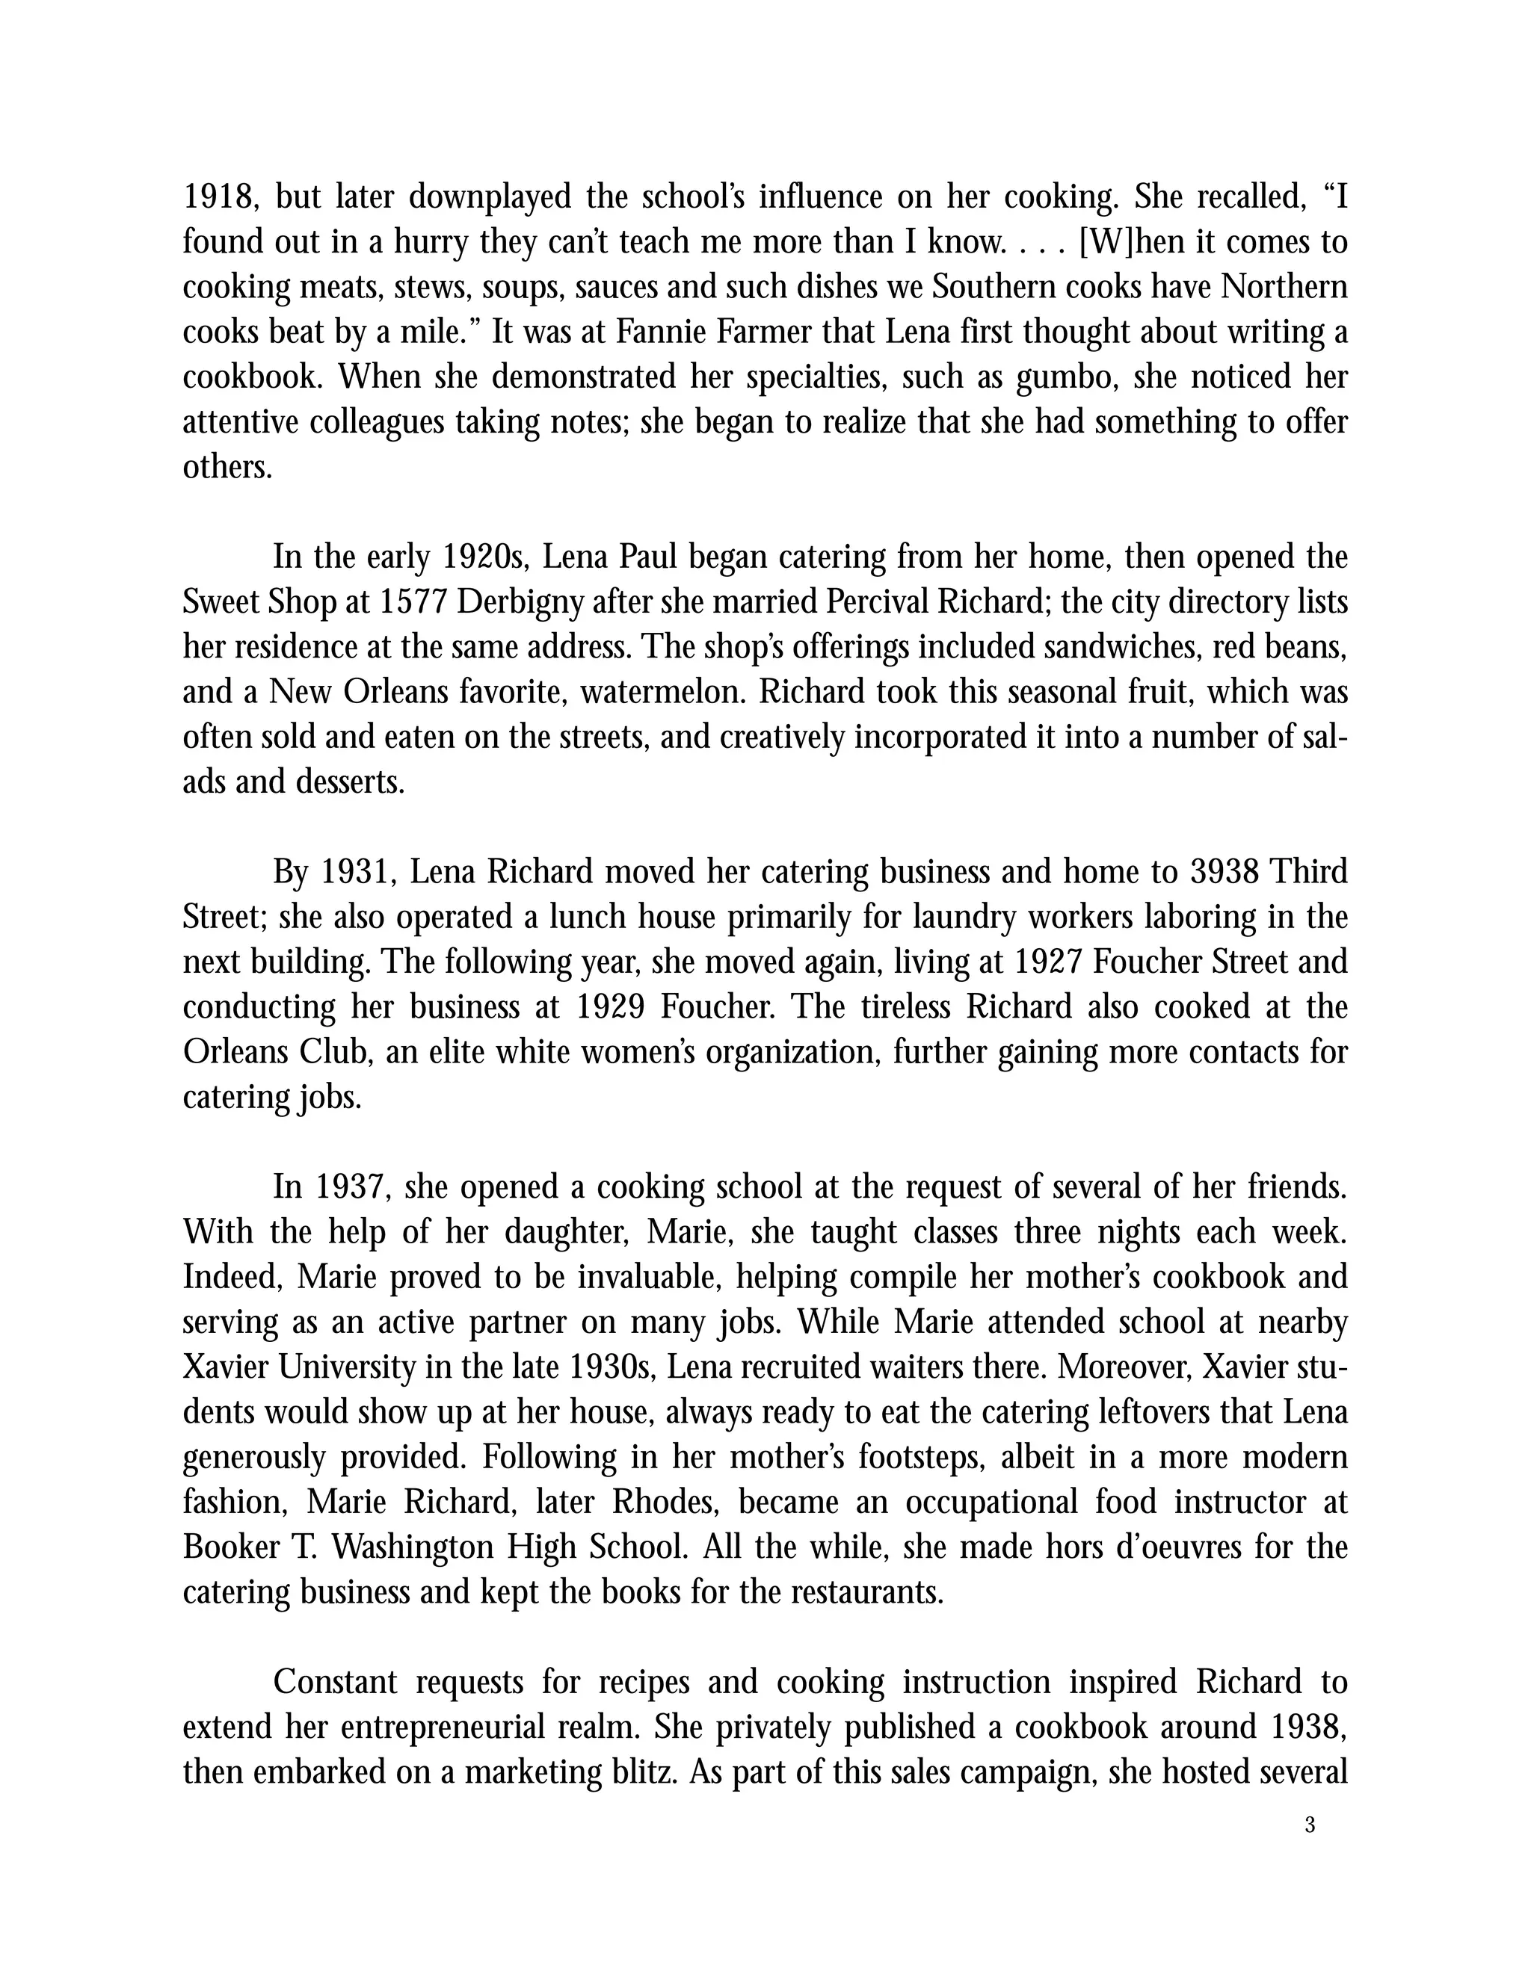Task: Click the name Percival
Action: pos(869,602)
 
